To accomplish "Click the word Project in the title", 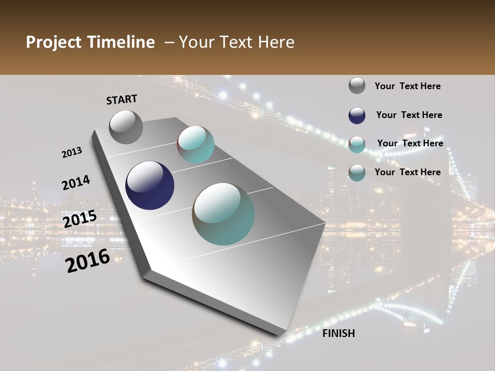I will coord(54,42).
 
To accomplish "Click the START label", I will coord(122,99).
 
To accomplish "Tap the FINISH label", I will coord(339,333).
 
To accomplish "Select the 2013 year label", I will coord(72,153).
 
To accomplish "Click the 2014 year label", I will coord(76,182).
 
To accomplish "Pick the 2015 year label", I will coord(80,219).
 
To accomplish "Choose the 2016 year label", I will coord(88,261).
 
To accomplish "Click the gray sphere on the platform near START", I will coord(126,127).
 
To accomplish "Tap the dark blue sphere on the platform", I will coord(150,185).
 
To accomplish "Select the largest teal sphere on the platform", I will coord(223,214).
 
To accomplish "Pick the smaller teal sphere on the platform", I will coord(196,144).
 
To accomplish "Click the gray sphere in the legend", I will coord(357,86).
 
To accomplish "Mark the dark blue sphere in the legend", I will coord(357,115).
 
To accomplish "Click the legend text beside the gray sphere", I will coord(407,87).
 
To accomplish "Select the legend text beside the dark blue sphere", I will coord(409,115).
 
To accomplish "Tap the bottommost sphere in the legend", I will coord(357,173).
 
